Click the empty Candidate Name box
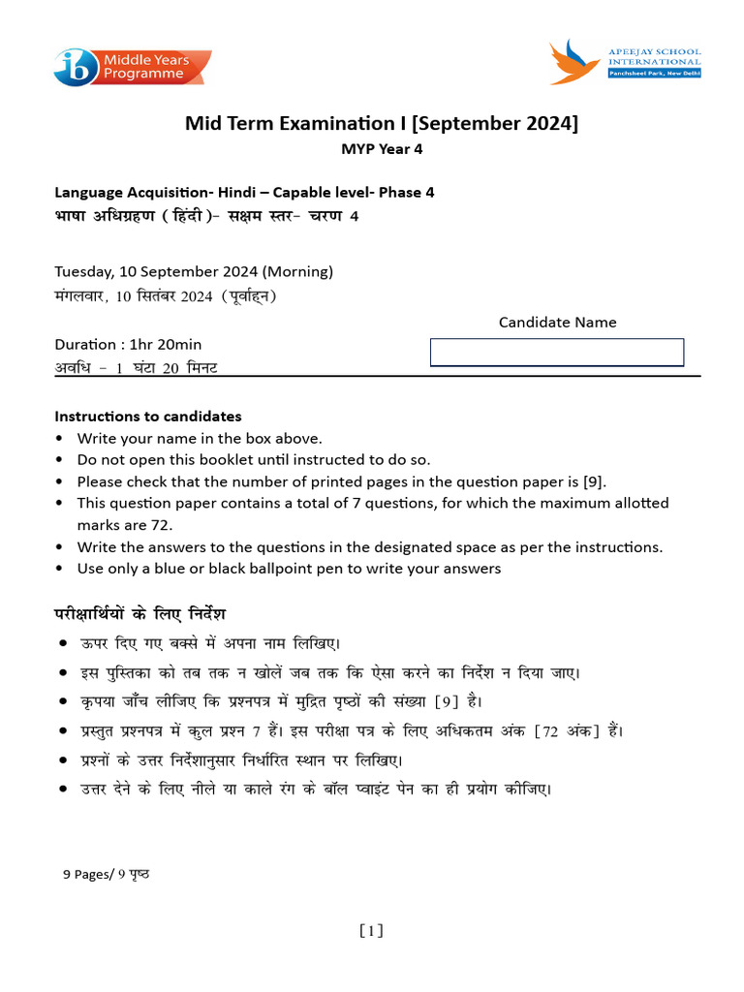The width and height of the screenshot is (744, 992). [557, 353]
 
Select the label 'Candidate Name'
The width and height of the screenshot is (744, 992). [557, 323]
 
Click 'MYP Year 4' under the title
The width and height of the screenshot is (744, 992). [382, 149]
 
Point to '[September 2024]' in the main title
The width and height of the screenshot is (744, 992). [496, 124]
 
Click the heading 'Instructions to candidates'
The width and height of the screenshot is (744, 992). [148, 417]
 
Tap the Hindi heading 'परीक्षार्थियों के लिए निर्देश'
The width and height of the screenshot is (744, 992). [140, 614]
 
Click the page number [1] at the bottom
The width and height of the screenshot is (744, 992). [371, 931]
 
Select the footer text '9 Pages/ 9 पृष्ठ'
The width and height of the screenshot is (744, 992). [107, 874]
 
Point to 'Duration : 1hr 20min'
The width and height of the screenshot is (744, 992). [128, 344]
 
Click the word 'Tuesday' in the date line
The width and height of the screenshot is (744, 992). [83, 271]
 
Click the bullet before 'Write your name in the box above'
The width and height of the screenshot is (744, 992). [61, 439]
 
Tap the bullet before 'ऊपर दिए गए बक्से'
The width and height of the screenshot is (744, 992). [62, 643]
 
